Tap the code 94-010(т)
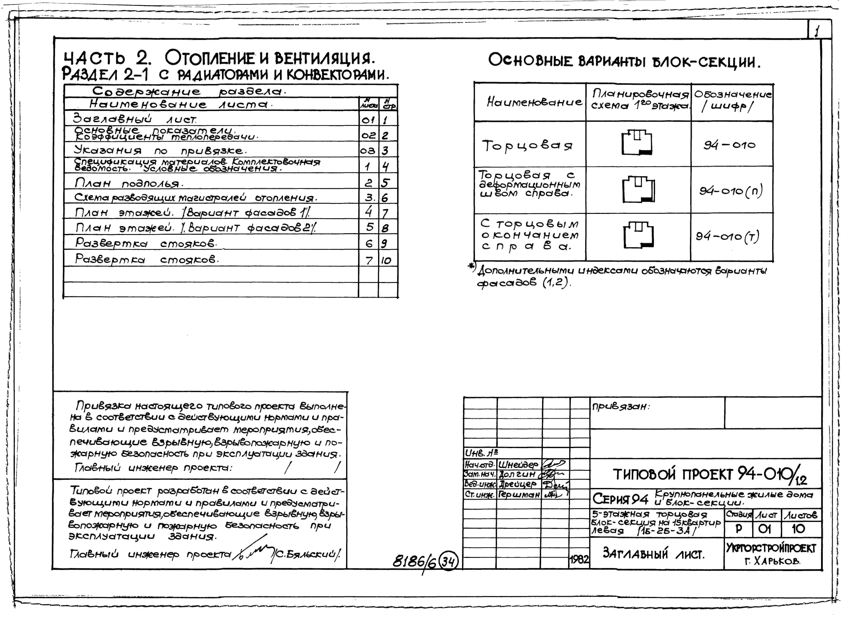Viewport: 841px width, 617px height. click(727, 236)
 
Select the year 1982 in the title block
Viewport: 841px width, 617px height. click(579, 559)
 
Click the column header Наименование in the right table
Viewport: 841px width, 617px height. click(534, 102)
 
